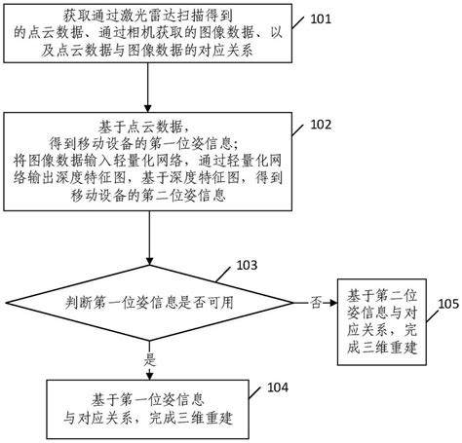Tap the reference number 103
248,265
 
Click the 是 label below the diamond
149,358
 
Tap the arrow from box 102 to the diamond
148,239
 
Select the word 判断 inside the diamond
73,303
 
